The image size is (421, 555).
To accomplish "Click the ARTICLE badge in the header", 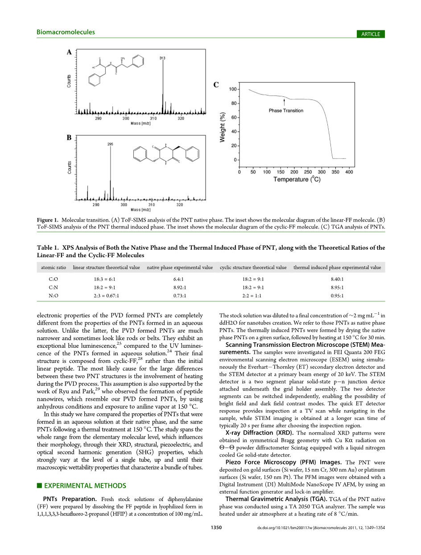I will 371,34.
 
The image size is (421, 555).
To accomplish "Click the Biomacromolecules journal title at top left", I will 66,32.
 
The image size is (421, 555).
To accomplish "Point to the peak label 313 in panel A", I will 162,58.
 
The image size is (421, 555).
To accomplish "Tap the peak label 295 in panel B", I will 110,144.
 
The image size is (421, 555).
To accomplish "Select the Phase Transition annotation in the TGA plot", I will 286,111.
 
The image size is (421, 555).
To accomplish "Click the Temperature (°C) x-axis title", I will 297,179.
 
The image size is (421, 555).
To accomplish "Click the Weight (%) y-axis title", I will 222,127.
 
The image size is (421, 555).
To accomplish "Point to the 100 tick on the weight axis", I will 233,89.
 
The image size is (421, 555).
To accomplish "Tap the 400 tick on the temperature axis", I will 349,172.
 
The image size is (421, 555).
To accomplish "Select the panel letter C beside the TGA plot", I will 216,85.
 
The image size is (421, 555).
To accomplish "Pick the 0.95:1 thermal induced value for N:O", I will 337,296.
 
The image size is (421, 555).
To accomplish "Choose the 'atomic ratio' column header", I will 54,267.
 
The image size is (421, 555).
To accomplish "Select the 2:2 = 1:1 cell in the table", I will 253,296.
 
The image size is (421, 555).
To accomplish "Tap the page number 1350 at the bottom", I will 216,527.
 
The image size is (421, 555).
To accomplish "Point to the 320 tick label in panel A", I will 181,119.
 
